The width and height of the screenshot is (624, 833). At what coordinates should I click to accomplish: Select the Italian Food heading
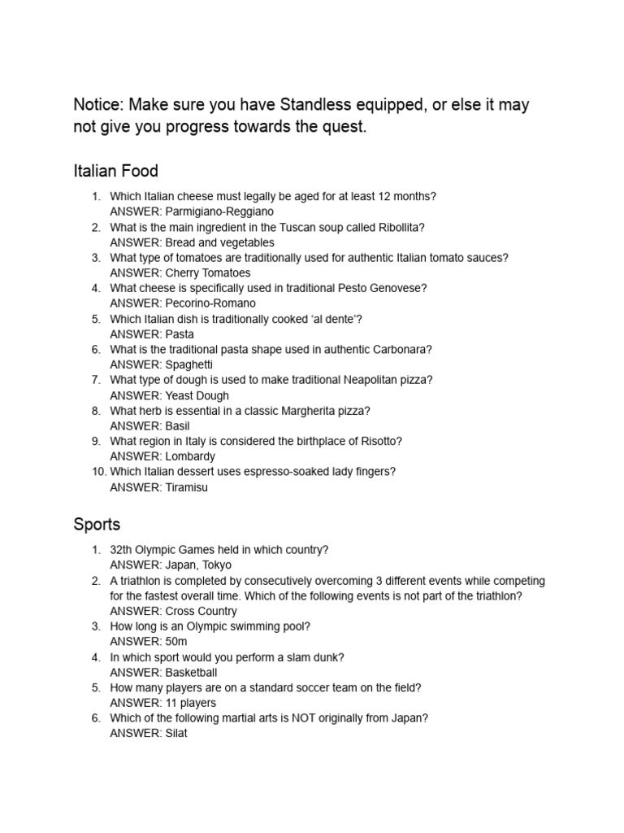click(x=115, y=171)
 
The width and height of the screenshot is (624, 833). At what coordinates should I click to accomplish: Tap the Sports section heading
click(x=97, y=524)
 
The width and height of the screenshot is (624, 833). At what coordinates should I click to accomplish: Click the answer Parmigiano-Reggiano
click(x=214, y=212)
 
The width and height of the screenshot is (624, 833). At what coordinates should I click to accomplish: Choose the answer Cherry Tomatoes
click(x=208, y=273)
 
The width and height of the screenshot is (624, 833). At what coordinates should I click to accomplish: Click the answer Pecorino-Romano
click(x=210, y=303)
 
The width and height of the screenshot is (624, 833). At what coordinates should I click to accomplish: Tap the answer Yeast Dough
click(x=197, y=395)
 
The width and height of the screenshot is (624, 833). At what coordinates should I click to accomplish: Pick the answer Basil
click(x=177, y=425)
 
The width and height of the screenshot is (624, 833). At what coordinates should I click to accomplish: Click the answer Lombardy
click(x=190, y=456)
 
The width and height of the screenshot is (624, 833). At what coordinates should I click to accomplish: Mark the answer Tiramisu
click(x=192, y=487)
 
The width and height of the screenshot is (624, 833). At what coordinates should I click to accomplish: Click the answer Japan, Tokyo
click(x=198, y=565)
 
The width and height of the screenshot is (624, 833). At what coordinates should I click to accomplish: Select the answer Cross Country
click(x=201, y=611)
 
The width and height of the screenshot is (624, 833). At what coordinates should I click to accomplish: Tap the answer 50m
click(x=176, y=642)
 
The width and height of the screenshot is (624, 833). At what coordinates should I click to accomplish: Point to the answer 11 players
click(x=191, y=703)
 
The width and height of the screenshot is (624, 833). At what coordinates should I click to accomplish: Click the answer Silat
click(x=176, y=734)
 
